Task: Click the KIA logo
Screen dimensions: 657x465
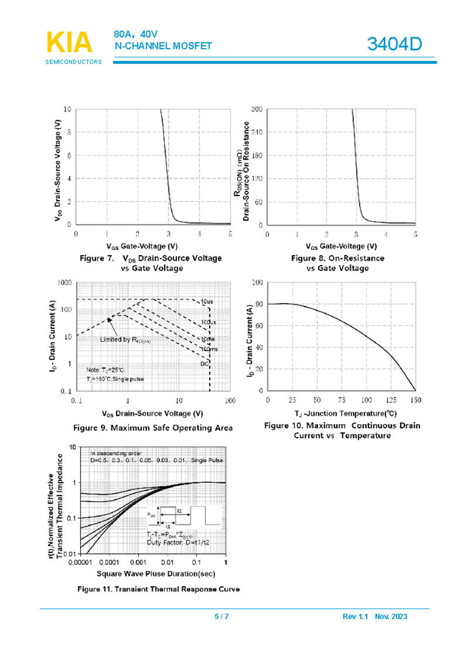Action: click(69, 43)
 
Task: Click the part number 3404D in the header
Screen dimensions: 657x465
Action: click(395, 44)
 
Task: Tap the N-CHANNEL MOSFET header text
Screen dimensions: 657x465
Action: click(164, 47)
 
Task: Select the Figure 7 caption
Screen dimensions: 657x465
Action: click(150, 263)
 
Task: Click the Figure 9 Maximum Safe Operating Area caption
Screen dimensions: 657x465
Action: click(153, 428)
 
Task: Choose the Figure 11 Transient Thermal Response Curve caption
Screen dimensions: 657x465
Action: click(159, 589)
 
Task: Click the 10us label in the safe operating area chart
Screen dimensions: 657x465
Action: click(206, 302)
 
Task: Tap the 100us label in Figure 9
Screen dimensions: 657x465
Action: click(207, 323)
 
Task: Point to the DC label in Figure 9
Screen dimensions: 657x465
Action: click(204, 364)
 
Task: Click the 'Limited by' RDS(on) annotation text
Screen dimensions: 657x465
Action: click(125, 339)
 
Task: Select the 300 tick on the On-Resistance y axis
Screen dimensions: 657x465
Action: click(257, 109)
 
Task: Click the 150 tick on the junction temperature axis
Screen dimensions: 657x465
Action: click(415, 400)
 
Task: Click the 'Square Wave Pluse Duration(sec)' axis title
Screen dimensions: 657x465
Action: click(155, 573)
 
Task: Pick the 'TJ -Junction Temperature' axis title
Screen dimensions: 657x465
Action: click(340, 413)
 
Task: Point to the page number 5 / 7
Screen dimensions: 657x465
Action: click(221, 616)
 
